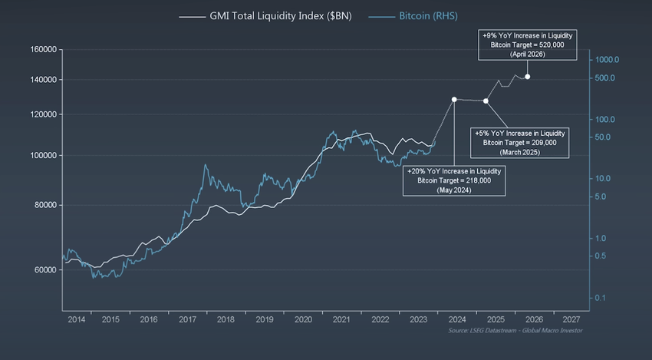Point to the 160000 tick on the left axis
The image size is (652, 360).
pos(44,50)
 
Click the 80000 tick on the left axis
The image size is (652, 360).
pos(47,205)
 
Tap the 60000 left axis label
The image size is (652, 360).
pos(47,270)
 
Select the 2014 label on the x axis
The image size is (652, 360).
pos(76,319)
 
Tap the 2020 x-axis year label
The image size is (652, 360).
pos(303,319)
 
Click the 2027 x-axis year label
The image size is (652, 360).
pos(571,319)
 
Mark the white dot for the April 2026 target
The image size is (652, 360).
pos(527,77)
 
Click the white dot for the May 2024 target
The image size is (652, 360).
pos(454,100)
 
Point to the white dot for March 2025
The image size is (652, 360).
pos(486,101)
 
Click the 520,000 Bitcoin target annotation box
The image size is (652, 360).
pos(526,45)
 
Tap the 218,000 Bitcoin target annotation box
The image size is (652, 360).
pos(453,180)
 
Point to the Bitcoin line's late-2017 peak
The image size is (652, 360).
pos(205,165)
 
